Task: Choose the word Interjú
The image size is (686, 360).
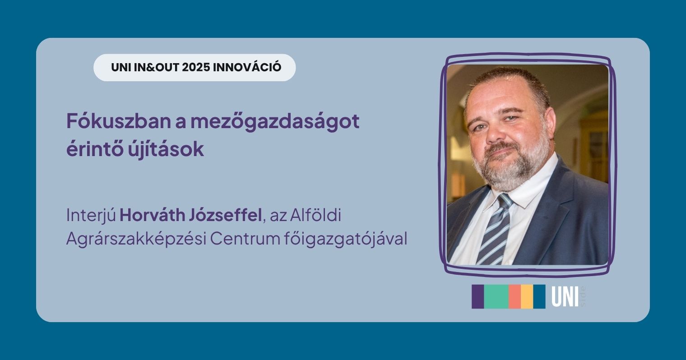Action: tap(91, 216)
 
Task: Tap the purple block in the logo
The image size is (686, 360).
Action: tap(477, 297)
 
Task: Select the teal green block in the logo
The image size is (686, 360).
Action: tap(496, 297)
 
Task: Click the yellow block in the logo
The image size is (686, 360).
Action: tap(527, 297)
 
